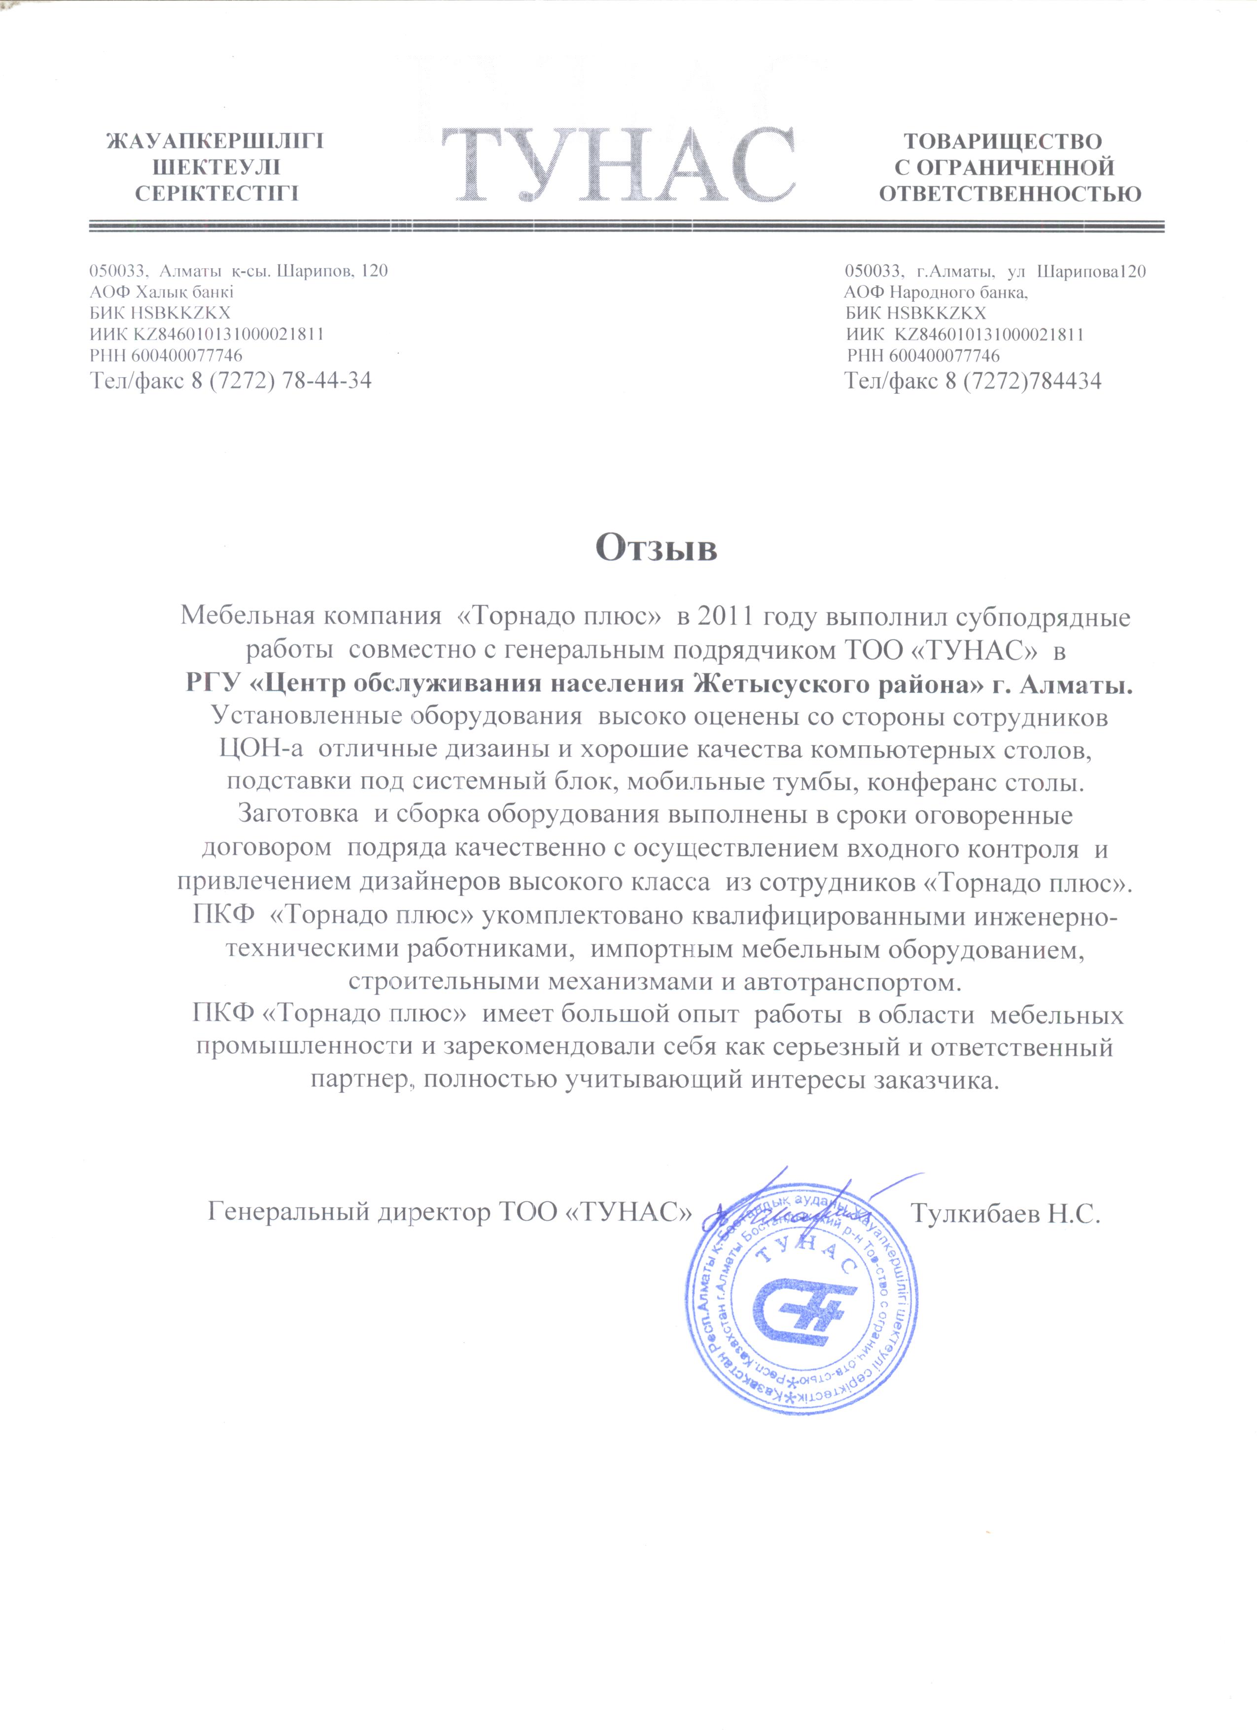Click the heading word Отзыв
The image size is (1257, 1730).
[x=656, y=548]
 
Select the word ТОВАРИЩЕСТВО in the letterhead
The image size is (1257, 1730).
[x=1003, y=142]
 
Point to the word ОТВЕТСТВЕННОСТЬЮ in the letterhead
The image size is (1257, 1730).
[x=1010, y=194]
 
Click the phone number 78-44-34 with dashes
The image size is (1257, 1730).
[x=326, y=381]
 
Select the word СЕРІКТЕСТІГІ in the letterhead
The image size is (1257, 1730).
[x=216, y=194]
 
